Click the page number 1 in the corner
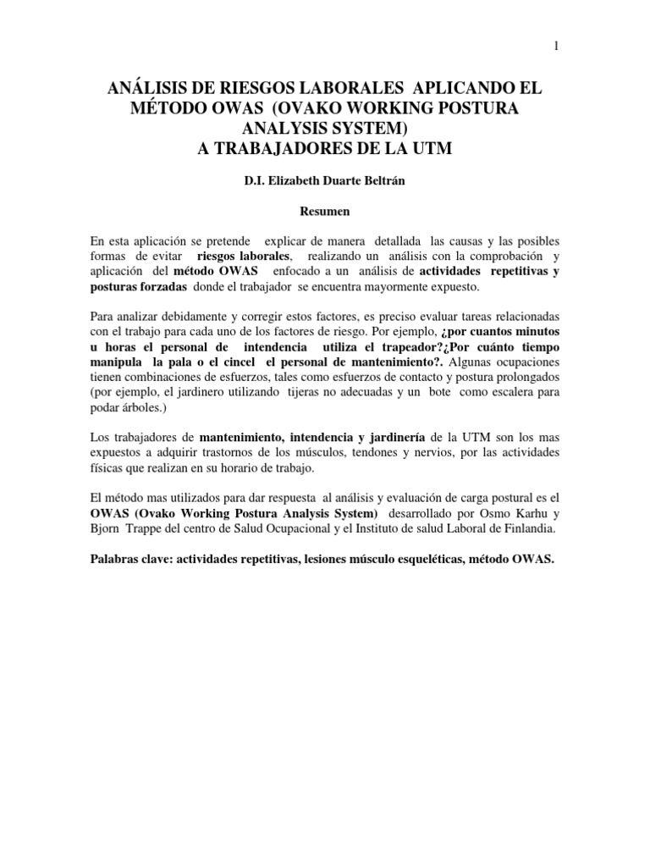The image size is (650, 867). pyautogui.click(x=554, y=47)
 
